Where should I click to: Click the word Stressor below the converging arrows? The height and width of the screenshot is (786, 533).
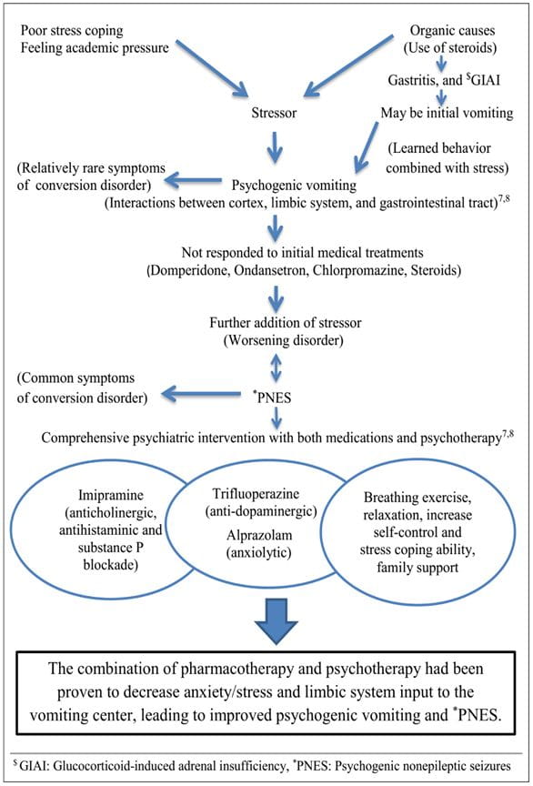click(x=274, y=113)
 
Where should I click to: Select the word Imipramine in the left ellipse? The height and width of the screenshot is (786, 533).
click(x=111, y=495)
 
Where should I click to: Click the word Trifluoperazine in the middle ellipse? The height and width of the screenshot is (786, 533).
click(x=256, y=494)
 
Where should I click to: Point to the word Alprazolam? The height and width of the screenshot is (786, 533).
click(x=258, y=535)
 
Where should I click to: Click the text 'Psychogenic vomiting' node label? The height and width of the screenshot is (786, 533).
click(x=294, y=186)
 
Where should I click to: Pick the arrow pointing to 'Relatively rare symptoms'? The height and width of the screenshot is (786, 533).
click(x=194, y=180)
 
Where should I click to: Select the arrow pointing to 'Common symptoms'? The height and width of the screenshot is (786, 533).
click(x=201, y=395)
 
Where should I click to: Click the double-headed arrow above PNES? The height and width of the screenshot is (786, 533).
click(x=276, y=368)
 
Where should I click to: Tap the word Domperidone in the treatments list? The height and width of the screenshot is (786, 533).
click(x=188, y=271)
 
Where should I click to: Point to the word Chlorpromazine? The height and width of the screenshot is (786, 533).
click(x=358, y=271)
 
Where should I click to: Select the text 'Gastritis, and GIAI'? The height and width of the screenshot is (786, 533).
click(x=444, y=80)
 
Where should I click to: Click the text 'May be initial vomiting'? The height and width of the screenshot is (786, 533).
click(x=448, y=113)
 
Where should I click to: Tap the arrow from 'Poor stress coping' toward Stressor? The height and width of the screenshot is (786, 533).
click(x=213, y=68)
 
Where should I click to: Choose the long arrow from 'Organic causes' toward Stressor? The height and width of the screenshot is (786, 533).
click(x=349, y=65)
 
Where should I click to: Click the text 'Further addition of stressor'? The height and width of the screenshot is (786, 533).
click(x=285, y=322)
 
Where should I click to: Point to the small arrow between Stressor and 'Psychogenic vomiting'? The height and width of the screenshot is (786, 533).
click(x=276, y=146)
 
